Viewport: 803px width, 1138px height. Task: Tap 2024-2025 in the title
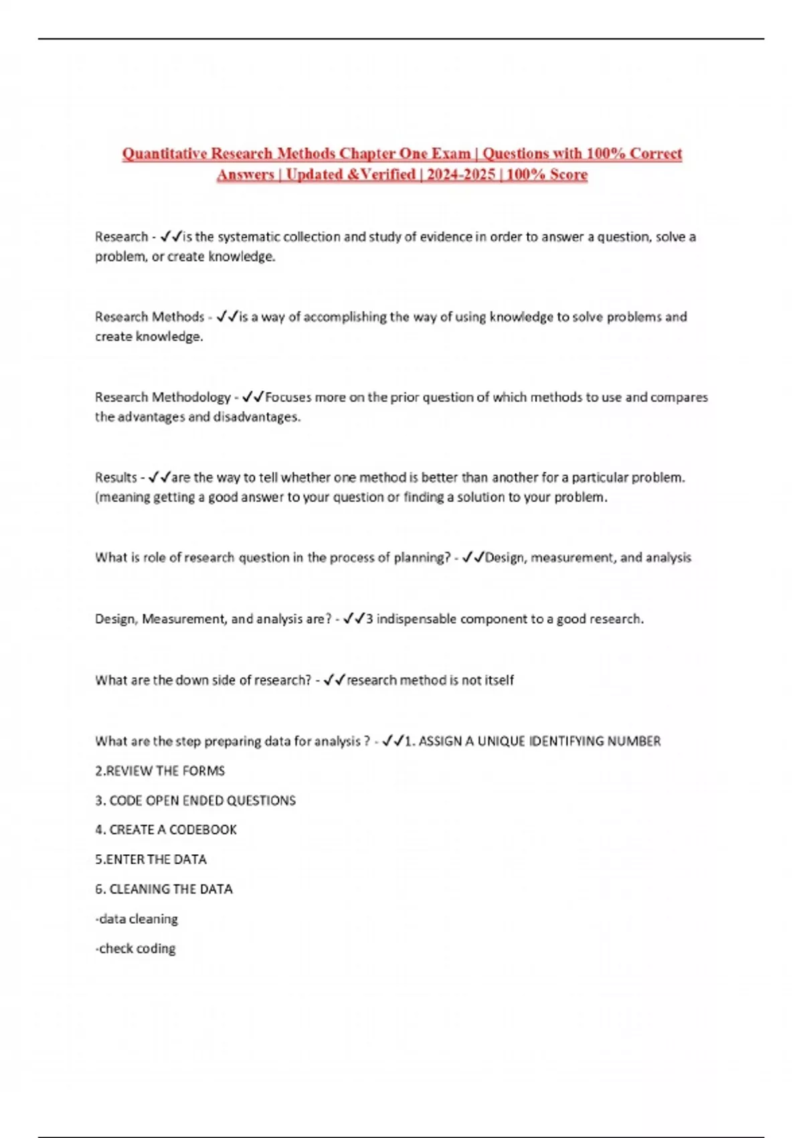pyautogui.click(x=461, y=175)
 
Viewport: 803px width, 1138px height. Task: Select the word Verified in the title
pyautogui.click(x=387, y=175)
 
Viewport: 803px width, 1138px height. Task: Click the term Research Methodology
pyautogui.click(x=163, y=397)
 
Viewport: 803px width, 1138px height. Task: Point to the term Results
pyautogui.click(x=116, y=477)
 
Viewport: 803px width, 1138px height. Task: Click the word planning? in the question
pyautogui.click(x=422, y=557)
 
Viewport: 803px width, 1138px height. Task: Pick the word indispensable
pyautogui.click(x=416, y=619)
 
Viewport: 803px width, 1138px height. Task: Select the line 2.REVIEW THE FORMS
pyautogui.click(x=160, y=770)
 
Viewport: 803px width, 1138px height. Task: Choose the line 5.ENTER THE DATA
pyautogui.click(x=151, y=859)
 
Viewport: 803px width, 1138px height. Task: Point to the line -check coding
pyautogui.click(x=135, y=948)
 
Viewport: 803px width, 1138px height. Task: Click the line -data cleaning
pyautogui.click(x=137, y=918)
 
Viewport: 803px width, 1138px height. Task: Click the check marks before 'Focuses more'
pyautogui.click(x=253, y=397)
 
